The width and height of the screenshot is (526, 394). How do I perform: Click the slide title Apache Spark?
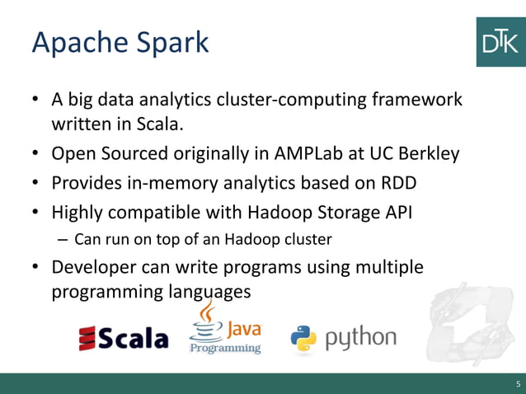click(120, 43)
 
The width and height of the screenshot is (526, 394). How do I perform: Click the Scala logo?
click(123, 338)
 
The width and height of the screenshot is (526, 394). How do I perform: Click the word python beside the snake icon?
click(359, 338)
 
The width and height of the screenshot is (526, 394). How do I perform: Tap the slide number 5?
click(518, 384)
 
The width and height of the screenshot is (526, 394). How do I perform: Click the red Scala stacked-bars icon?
click(87, 338)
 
